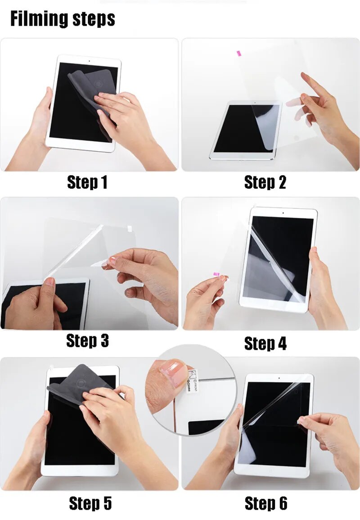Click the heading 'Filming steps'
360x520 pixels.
pos(63,19)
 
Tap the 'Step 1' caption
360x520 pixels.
pos(87,183)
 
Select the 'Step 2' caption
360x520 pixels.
pos(265,183)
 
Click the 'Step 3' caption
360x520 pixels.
pos(87,341)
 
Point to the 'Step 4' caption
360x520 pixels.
pos(265,344)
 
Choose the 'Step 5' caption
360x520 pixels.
pos(90,503)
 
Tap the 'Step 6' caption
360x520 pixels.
pos(265,503)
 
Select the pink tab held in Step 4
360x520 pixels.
pos(217,274)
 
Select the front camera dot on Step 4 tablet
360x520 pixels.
pos(283,212)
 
